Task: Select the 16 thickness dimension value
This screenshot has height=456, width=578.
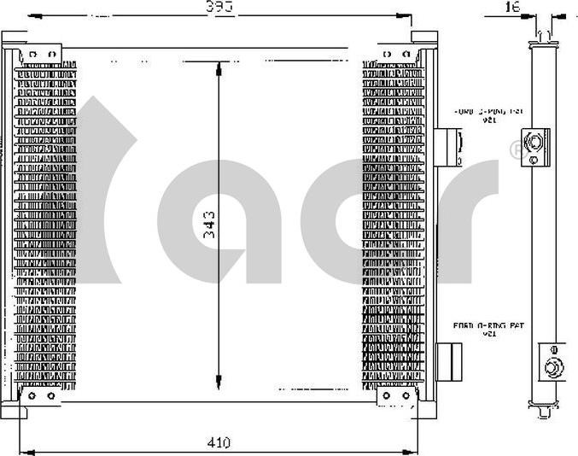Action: tap(511, 7)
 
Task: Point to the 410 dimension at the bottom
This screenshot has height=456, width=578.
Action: tap(219, 443)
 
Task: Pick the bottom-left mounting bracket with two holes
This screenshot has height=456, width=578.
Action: tap(41, 396)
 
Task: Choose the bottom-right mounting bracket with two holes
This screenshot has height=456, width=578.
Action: tap(396, 396)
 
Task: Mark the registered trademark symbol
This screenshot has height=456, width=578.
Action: tap(514, 150)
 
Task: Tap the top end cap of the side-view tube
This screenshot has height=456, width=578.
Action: tap(541, 34)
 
